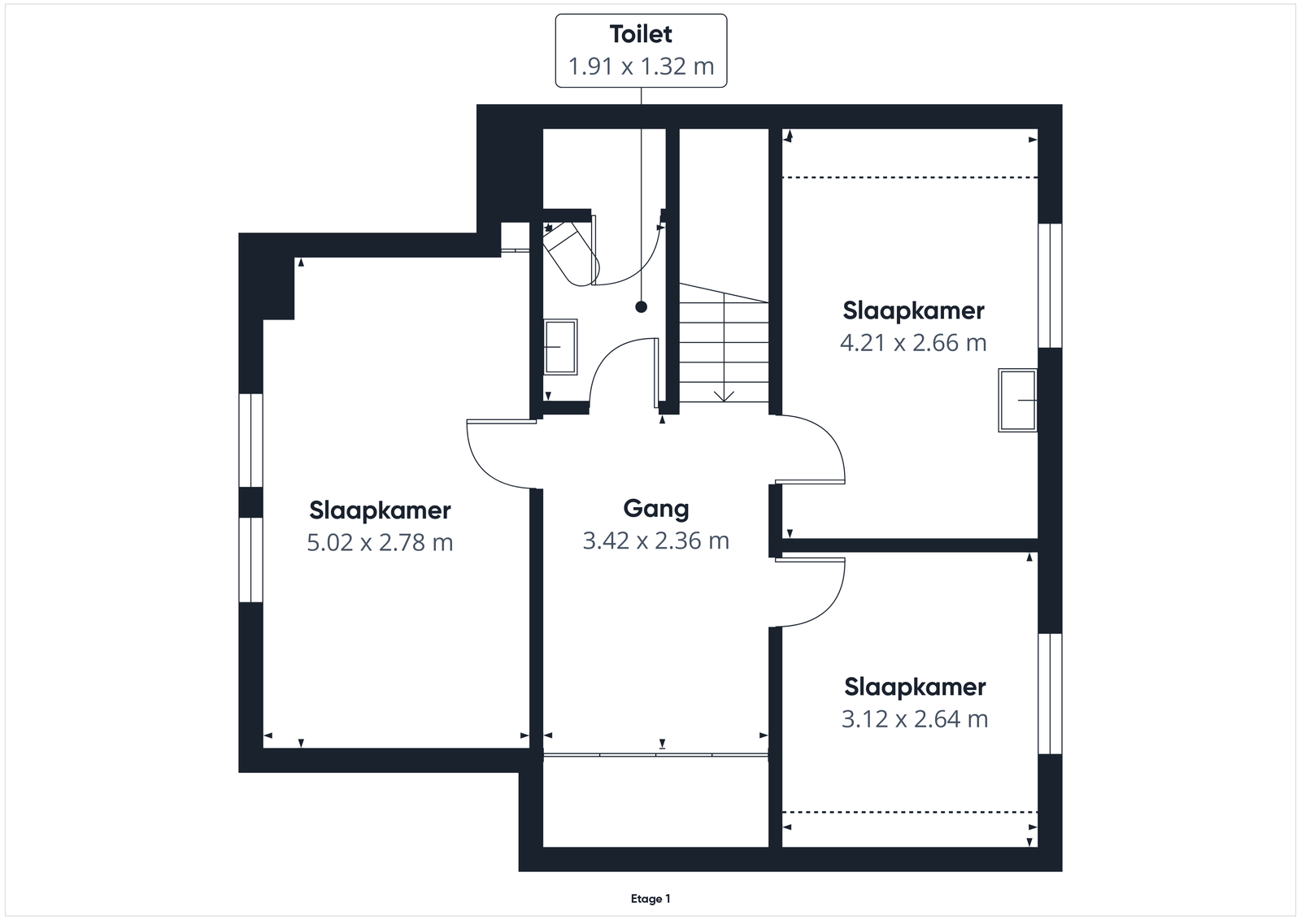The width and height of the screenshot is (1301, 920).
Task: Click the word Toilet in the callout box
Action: click(x=641, y=34)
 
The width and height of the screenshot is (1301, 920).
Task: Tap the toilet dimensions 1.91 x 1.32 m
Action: click(x=641, y=66)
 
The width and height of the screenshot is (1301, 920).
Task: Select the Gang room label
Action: click(x=655, y=509)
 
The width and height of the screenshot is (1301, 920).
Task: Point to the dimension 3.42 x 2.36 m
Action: click(x=655, y=540)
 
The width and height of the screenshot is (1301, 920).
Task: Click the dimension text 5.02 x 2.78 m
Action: click(x=380, y=542)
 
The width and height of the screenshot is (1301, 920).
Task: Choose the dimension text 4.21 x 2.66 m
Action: click(x=913, y=342)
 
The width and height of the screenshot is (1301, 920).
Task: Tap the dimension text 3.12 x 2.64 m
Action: click(x=915, y=718)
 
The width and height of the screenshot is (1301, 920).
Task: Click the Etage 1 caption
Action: click(x=650, y=899)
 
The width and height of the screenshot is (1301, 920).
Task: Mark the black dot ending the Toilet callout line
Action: click(x=642, y=307)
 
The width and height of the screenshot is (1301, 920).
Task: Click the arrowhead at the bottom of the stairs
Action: click(x=724, y=397)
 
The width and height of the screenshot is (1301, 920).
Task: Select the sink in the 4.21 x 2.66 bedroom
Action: click(x=1017, y=400)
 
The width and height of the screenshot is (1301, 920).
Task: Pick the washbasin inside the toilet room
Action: click(x=560, y=346)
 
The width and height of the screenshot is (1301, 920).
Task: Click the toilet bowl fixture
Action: click(x=570, y=254)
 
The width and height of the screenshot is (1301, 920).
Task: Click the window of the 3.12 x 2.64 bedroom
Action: click(x=1050, y=693)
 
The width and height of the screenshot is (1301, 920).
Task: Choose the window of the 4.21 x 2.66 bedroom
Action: click(x=1050, y=285)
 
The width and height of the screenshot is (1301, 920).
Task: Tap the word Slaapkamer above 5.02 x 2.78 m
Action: click(x=380, y=510)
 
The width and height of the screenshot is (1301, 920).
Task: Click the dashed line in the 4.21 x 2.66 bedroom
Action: click(x=910, y=177)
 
